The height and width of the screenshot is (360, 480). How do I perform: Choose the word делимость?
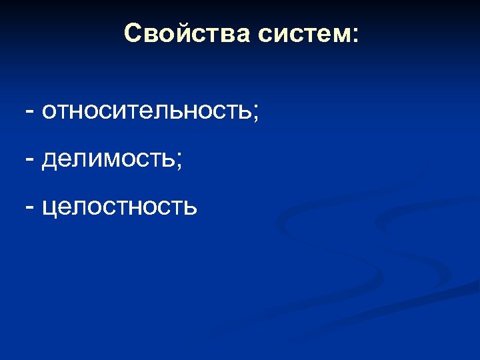tap(108, 160)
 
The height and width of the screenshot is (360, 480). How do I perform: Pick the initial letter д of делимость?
tap(48, 161)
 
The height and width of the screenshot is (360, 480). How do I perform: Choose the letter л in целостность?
tap(76, 208)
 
